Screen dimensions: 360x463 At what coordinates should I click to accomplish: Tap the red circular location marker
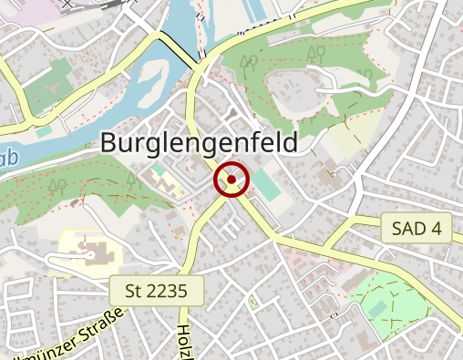coord(231,180)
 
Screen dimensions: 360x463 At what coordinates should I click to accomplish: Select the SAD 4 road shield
coord(417,228)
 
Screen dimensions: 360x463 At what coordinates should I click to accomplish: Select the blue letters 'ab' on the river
coord(9,161)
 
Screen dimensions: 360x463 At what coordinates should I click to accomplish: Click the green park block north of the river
coord(55,78)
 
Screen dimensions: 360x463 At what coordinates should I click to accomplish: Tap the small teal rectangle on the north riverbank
coord(44,130)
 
